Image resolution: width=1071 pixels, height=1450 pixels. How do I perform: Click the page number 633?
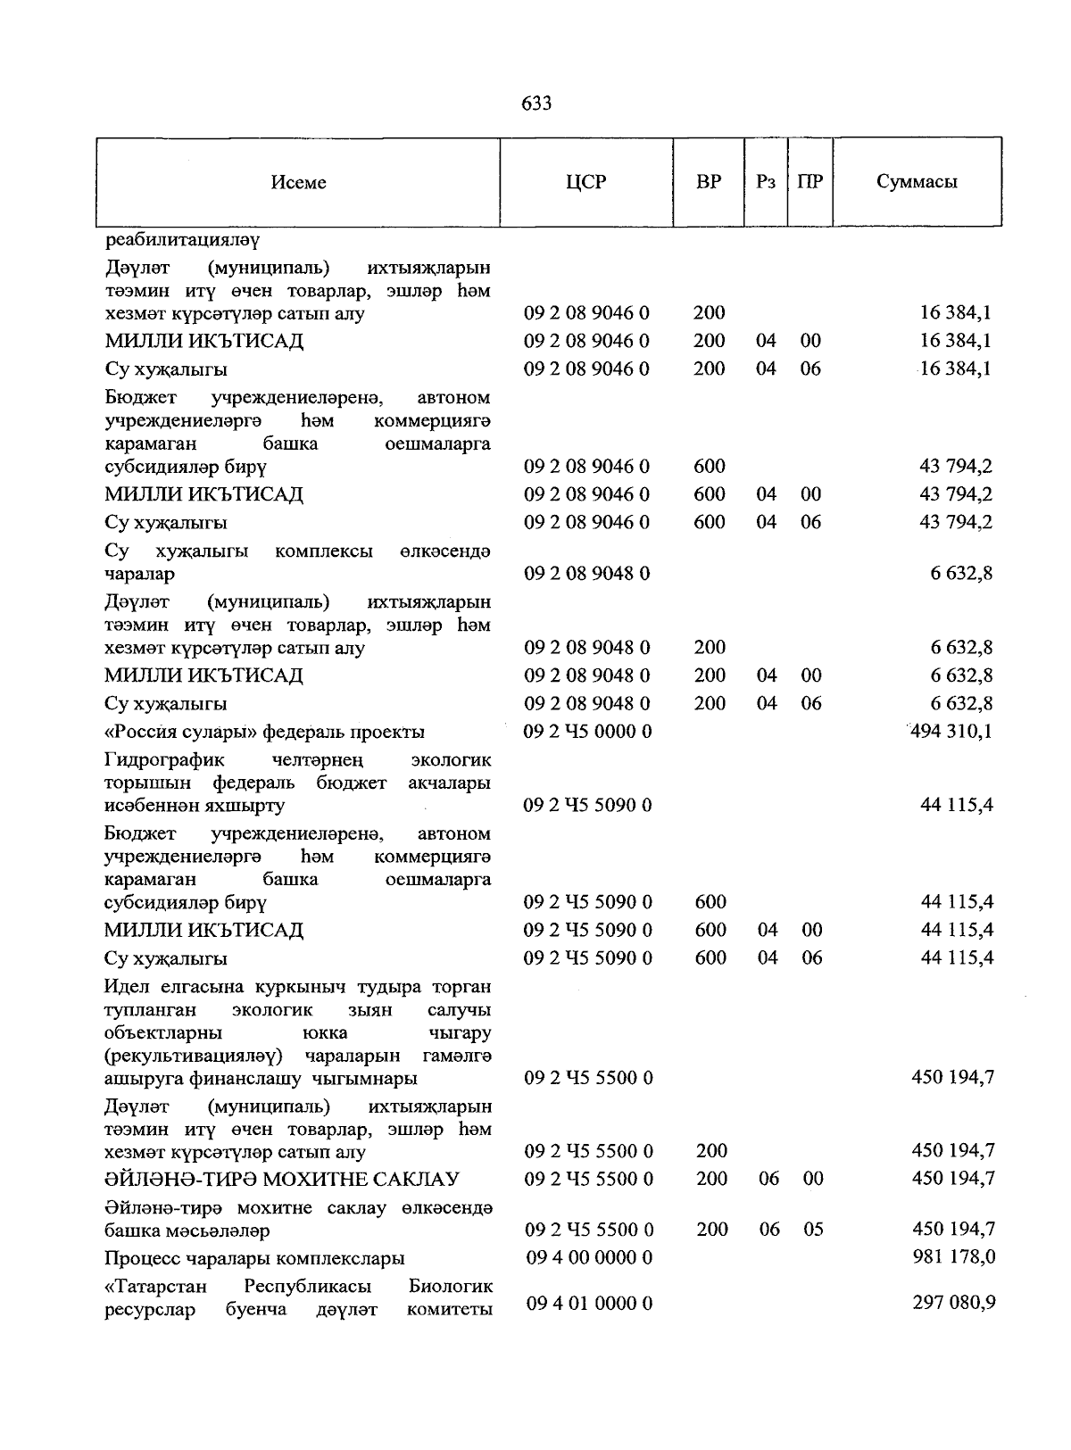(535, 104)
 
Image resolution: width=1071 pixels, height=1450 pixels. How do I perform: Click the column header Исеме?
(299, 182)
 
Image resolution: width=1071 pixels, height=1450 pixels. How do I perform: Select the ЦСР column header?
(585, 182)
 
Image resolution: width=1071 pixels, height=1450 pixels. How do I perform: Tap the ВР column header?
(709, 182)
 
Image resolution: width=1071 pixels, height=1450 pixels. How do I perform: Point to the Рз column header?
(766, 182)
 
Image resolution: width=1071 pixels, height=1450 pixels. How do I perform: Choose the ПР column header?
(810, 182)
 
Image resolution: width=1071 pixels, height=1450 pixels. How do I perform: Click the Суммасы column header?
(917, 182)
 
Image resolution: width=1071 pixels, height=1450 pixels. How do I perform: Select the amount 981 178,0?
(953, 1257)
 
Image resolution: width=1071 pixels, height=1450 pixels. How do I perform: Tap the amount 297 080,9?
(953, 1303)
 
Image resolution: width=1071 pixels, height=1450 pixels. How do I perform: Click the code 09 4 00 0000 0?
(589, 1257)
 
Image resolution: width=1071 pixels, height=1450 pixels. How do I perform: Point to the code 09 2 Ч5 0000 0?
(587, 732)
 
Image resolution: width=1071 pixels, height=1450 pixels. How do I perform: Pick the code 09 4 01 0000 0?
(589, 1303)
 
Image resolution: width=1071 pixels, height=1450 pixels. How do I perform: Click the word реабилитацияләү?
(182, 240)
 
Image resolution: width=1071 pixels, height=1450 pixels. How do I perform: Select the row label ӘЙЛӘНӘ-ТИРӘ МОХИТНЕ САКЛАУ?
(282, 1180)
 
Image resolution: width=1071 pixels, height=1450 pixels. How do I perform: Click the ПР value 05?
(813, 1230)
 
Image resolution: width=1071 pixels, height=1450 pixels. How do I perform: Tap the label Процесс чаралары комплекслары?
(254, 1258)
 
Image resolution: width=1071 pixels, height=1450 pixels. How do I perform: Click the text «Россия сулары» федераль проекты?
(264, 733)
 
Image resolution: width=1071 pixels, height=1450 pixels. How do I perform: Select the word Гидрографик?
(164, 760)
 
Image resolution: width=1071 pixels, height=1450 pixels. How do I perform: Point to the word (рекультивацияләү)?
(194, 1056)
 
